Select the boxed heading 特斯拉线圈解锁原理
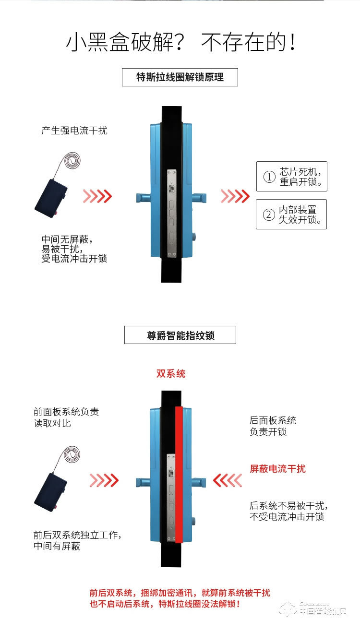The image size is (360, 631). [x=180, y=77]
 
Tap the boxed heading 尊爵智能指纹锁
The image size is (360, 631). [x=180, y=335]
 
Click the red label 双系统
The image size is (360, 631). [x=171, y=374]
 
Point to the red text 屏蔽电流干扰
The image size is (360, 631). [x=277, y=469]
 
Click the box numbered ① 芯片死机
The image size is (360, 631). [x=291, y=177]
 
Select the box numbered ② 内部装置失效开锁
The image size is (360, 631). [x=291, y=214]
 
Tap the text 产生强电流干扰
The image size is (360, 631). [x=74, y=131]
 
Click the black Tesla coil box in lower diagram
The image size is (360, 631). [x=51, y=489]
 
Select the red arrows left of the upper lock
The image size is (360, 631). [x=97, y=196]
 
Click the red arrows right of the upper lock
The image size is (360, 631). [x=235, y=196]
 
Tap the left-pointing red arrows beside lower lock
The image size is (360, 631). [x=227, y=480]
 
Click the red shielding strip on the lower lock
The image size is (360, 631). [x=179, y=475]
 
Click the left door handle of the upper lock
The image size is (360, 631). [x=143, y=197]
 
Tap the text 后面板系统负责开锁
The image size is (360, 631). [x=273, y=426]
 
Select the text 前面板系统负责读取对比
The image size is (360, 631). [x=66, y=417]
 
